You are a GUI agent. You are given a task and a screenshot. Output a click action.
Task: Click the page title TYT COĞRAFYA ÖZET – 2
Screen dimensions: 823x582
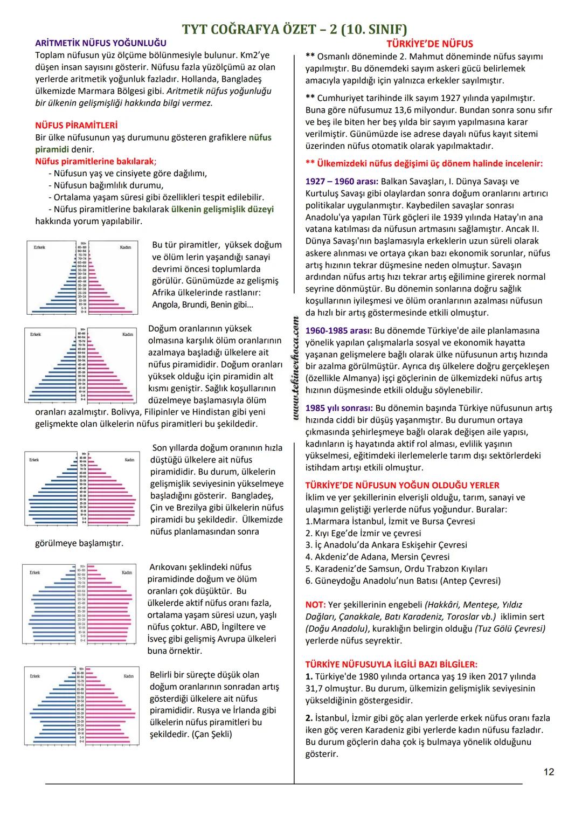click(295, 29)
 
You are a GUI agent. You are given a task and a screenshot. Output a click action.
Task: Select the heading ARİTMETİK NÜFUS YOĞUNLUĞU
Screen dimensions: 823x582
click(101, 43)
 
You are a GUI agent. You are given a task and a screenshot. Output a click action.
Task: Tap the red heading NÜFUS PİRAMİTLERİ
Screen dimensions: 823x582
click(76, 126)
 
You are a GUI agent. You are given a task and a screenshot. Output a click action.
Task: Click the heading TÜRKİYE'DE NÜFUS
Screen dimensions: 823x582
click(429, 44)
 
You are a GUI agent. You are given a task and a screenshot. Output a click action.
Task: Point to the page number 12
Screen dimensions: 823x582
click(549, 772)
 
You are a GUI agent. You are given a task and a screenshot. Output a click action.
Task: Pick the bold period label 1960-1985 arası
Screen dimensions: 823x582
click(338, 330)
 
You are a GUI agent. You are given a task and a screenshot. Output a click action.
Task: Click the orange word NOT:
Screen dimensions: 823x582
click(315, 605)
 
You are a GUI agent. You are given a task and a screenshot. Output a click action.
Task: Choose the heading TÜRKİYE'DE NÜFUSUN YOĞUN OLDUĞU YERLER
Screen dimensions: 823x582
click(402, 485)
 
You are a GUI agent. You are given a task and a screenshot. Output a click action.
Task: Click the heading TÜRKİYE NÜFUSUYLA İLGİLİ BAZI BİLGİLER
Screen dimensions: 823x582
click(391, 665)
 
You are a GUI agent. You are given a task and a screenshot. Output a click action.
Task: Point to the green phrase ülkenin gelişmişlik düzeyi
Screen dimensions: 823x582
click(223, 209)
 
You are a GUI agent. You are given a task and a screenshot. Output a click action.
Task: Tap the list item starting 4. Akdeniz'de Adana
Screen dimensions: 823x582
click(377, 557)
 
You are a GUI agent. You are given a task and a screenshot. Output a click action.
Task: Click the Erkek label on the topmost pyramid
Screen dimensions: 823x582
click(39, 247)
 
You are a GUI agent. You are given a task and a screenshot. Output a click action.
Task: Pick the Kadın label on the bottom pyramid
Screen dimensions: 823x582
click(128, 676)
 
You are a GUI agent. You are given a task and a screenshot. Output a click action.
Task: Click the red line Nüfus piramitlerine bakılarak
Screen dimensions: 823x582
click(95, 161)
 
